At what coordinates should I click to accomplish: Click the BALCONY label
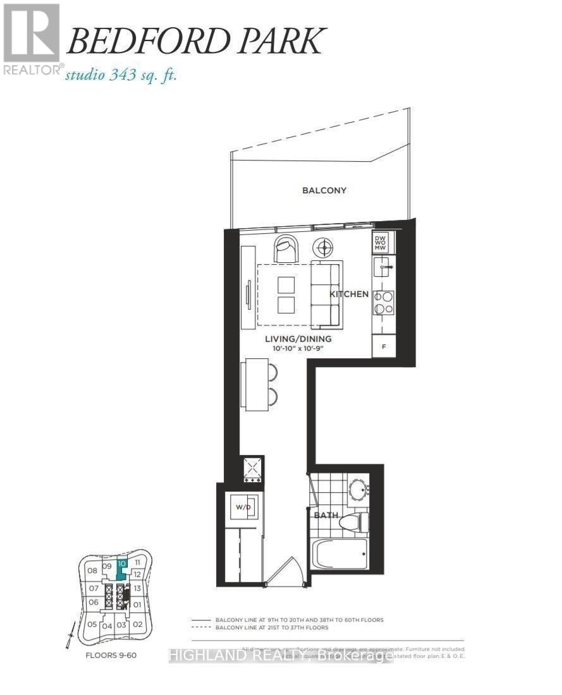coord(324,190)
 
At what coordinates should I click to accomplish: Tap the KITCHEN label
coord(348,294)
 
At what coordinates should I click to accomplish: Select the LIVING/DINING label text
coord(298,339)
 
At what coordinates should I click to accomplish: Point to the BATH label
coord(327,515)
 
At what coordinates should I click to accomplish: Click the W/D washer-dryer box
coord(243,507)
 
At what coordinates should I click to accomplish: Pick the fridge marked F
coord(383,346)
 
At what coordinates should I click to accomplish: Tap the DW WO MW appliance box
coord(381,243)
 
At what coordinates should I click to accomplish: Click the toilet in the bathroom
coord(351,522)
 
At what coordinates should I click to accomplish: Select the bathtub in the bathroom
coord(339,555)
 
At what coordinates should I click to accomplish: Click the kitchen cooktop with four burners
coord(383,303)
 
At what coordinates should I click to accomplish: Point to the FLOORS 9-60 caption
coord(111,655)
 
